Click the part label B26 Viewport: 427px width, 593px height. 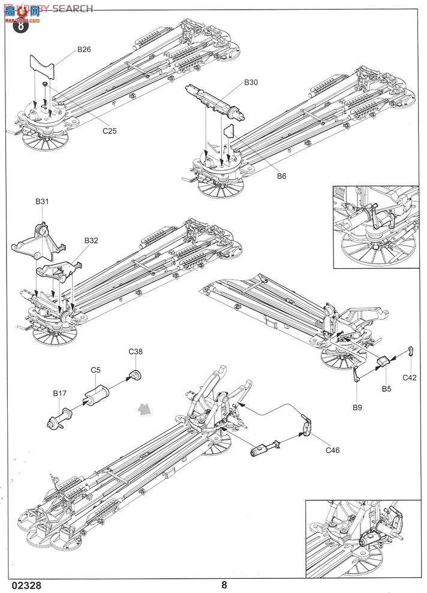(x=83, y=50)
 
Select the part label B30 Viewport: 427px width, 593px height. (x=251, y=82)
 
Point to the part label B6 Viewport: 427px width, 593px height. (x=282, y=176)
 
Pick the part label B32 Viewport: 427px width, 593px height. (x=91, y=240)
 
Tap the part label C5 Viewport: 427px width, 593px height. (x=95, y=370)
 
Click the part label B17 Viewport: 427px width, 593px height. (x=59, y=394)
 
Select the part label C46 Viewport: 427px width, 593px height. (x=332, y=450)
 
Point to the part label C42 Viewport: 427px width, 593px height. (x=410, y=377)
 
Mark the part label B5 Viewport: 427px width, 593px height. (x=386, y=389)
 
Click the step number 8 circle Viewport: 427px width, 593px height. (x=20, y=26)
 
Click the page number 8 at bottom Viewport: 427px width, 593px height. (x=224, y=585)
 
